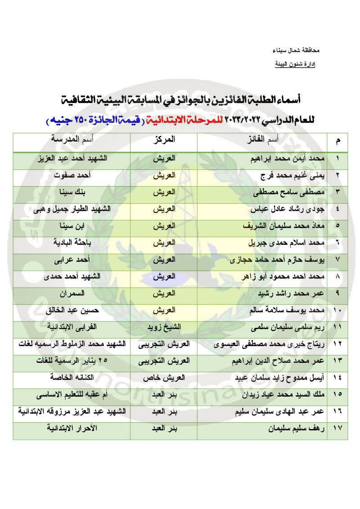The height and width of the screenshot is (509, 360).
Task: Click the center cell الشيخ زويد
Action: (x=164, y=328)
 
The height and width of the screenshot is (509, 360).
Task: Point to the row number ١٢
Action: (x=337, y=344)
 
